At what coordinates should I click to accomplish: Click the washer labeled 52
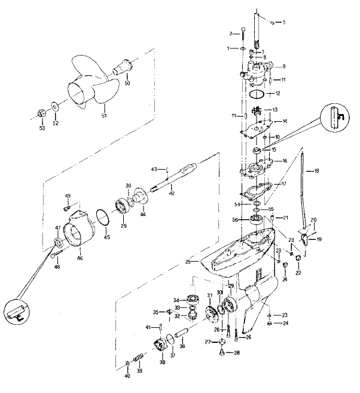point(55,106)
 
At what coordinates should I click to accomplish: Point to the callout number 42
point(171,192)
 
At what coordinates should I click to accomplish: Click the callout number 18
point(317,171)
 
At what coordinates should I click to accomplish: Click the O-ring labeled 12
point(257,94)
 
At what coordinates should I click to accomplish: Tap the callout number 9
point(284,66)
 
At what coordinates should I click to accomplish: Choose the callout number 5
point(283,23)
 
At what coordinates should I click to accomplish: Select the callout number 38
point(162,362)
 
